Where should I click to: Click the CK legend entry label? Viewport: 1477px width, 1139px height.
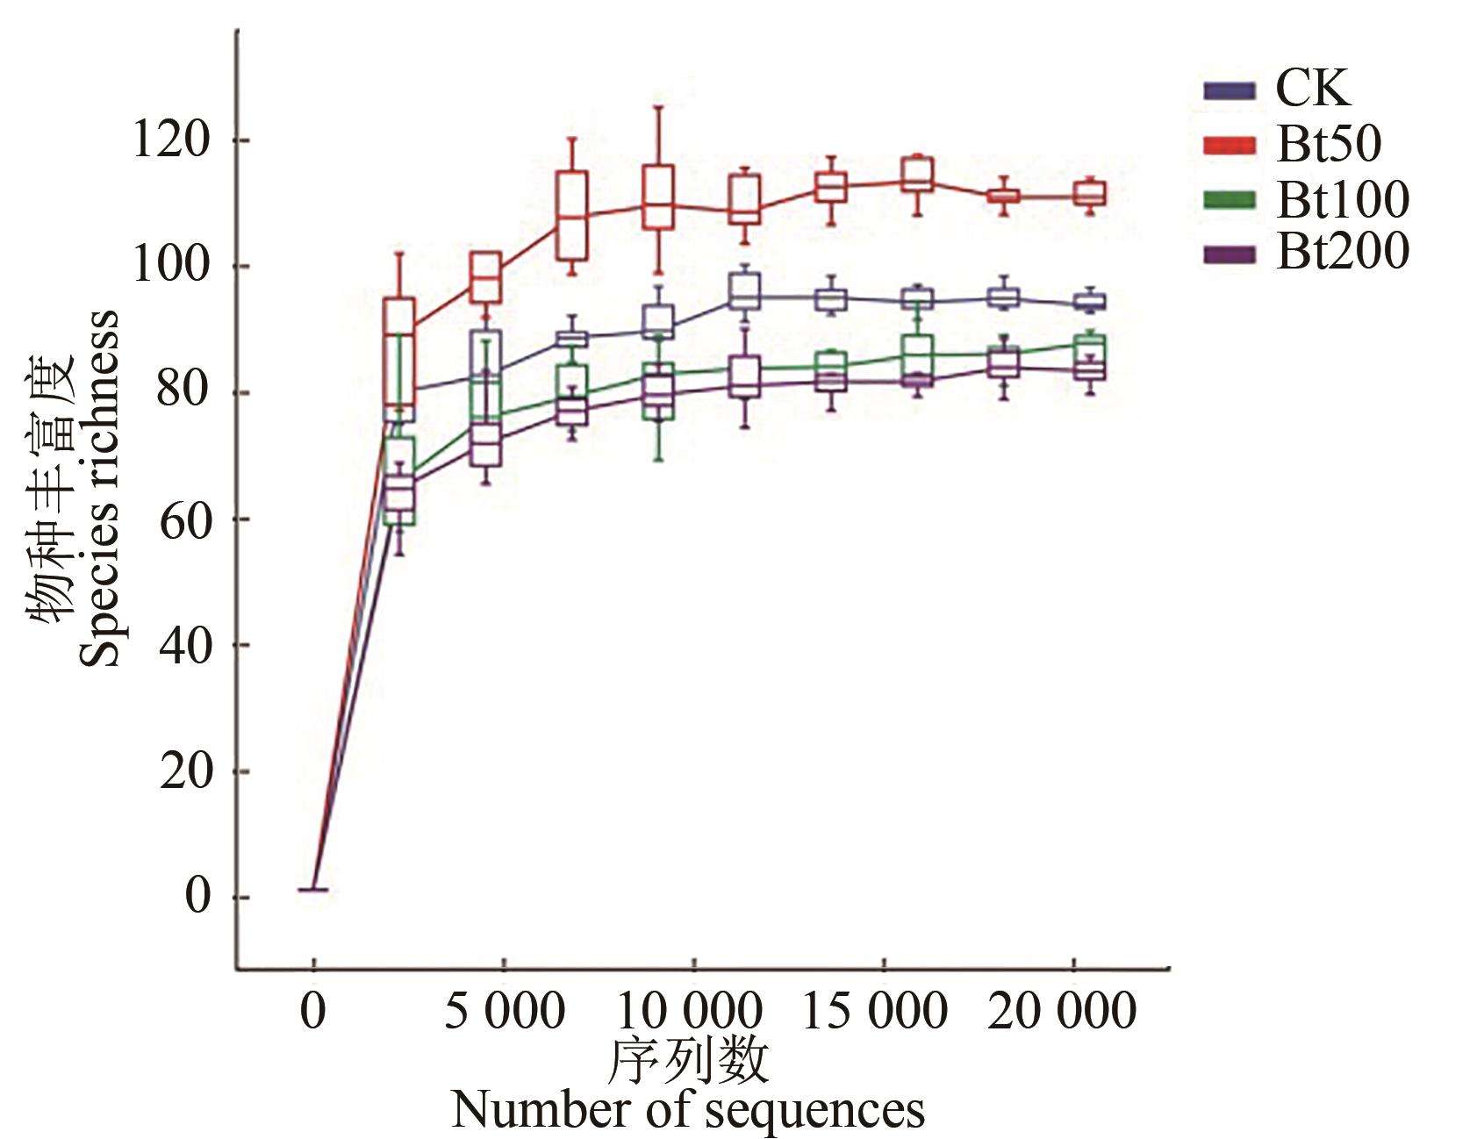1312,88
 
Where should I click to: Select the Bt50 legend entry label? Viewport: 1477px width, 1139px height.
1329,143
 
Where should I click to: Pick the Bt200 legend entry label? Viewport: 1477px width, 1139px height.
1343,252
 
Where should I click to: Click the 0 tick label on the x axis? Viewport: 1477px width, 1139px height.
312,1011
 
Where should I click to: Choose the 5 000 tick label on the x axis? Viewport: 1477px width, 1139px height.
504,1011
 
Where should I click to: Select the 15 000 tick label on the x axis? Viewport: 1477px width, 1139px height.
875,1011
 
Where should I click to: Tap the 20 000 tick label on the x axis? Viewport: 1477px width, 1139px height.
1061,1011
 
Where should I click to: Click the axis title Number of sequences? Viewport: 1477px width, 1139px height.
688,1109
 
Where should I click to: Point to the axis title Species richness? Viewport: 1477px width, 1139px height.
99,488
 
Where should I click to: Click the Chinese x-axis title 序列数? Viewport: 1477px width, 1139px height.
688,1060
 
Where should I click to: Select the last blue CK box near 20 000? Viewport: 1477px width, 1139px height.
1090,302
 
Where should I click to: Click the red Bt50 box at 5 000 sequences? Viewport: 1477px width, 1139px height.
485,277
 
